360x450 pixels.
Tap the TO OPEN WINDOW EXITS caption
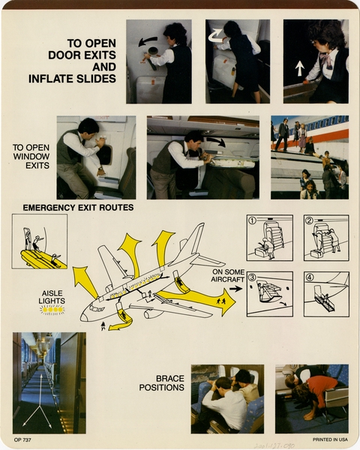[x=31, y=155]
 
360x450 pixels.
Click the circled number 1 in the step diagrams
[x=253, y=220]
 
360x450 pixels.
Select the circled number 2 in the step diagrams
[x=309, y=220]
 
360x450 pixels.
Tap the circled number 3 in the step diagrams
[x=253, y=277]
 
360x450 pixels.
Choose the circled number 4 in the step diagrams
[x=309, y=277]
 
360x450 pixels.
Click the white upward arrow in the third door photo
[x=300, y=68]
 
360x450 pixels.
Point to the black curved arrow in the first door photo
[x=148, y=40]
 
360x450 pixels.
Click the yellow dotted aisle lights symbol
[x=52, y=309]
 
